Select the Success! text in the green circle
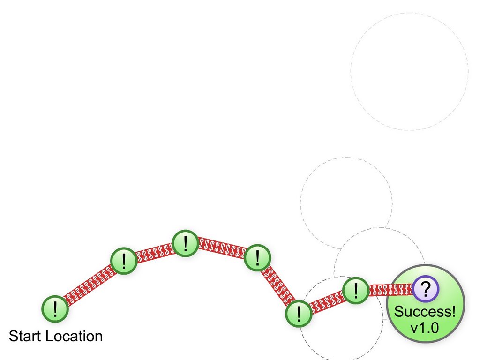[x=425, y=312]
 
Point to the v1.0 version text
[x=425, y=328]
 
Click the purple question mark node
[x=426, y=289]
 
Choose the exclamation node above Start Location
[x=55, y=309]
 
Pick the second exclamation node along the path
[x=124, y=261]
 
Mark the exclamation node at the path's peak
[x=185, y=243]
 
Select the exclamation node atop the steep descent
[x=257, y=257]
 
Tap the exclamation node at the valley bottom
[x=299, y=314]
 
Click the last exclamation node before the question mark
[x=356, y=290]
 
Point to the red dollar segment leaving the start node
[x=90, y=285]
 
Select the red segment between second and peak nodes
[x=155, y=252]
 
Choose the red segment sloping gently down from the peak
[x=221, y=247]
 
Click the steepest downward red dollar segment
[x=278, y=285]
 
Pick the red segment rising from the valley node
[x=327, y=302]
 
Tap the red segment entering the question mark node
[x=390, y=290]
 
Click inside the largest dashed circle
[x=410, y=71]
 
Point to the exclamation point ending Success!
[x=453, y=312]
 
